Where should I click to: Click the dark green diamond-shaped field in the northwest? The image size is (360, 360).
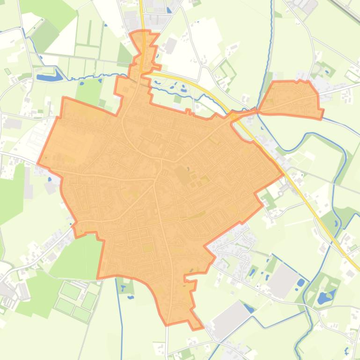[45, 36]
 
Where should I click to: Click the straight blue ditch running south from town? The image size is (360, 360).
[121, 318]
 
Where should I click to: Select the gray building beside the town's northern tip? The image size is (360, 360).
[170, 46]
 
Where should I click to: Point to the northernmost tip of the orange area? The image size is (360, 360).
[140, 31]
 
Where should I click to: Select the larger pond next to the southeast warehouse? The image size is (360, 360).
[300, 282]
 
